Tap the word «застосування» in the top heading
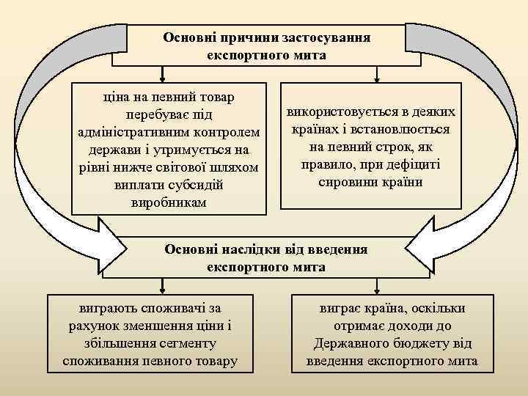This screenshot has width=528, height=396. (x=323, y=37)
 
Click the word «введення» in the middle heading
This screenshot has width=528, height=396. (x=337, y=249)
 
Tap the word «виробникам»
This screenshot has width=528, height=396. (x=168, y=202)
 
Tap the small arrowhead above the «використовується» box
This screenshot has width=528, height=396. (x=375, y=75)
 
